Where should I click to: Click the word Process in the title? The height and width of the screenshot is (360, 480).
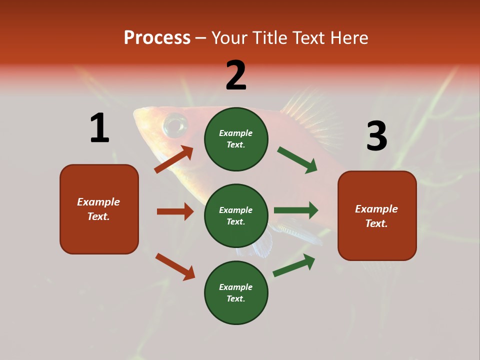[157, 38]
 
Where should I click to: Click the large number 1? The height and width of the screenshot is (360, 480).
[99, 128]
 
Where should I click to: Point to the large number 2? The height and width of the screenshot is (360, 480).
[236, 75]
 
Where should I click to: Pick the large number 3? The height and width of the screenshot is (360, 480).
[376, 136]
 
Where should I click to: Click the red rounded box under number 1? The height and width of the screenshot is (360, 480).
[99, 209]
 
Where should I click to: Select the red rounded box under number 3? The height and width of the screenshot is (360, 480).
[377, 215]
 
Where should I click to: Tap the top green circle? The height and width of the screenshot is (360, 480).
[236, 139]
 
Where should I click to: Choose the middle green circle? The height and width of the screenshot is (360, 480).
[236, 215]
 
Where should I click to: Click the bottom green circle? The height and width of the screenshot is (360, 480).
[236, 292]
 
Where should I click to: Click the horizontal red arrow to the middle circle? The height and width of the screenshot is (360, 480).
[175, 211]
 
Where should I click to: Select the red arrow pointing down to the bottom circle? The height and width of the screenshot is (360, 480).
[175, 266]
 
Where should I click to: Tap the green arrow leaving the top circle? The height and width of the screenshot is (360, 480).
[297, 160]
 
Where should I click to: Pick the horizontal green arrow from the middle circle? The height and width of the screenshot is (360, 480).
[296, 210]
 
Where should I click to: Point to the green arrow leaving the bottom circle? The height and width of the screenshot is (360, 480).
[294, 265]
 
